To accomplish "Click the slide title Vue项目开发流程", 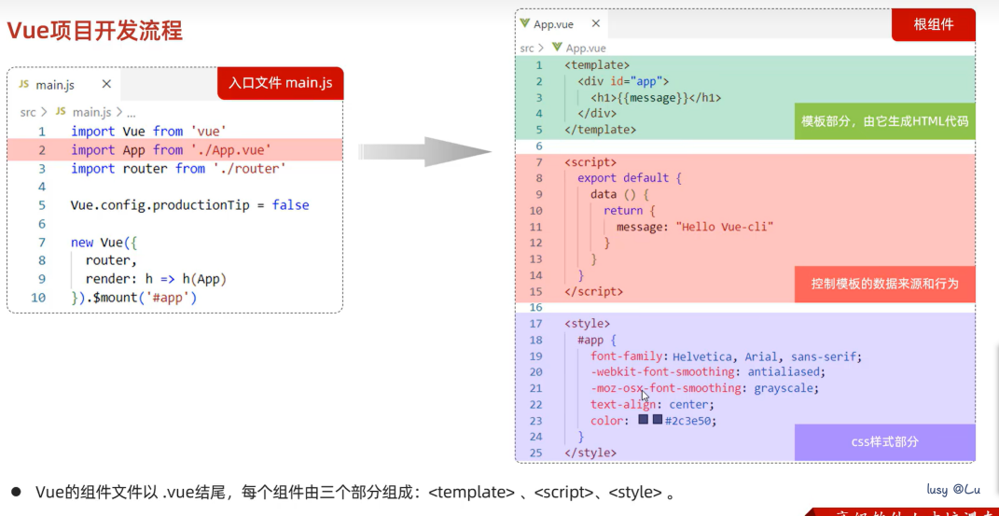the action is pyautogui.click(x=95, y=31).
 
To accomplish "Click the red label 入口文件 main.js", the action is pyautogui.click(x=281, y=83).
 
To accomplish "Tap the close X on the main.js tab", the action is pyautogui.click(x=106, y=84).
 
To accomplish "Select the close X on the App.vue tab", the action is pyautogui.click(x=596, y=24).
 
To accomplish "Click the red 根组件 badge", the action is pyautogui.click(x=933, y=24).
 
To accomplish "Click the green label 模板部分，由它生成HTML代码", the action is pyautogui.click(x=884, y=121).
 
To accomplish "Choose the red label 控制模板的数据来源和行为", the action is pyautogui.click(x=884, y=284).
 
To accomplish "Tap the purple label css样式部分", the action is pyautogui.click(x=884, y=441).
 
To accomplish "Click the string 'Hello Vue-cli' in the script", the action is pyautogui.click(x=725, y=226).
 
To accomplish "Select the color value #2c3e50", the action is pyautogui.click(x=690, y=420).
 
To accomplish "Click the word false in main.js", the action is pyautogui.click(x=290, y=205).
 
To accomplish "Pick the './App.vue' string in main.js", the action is pyautogui.click(x=230, y=149).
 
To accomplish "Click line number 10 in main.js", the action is pyautogui.click(x=38, y=298).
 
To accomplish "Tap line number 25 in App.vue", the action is pyautogui.click(x=534, y=453).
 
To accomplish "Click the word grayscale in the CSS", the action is pyautogui.click(x=785, y=387).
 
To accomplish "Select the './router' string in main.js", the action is pyautogui.click(x=249, y=168).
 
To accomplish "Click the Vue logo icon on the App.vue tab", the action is pyautogui.click(x=525, y=24).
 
